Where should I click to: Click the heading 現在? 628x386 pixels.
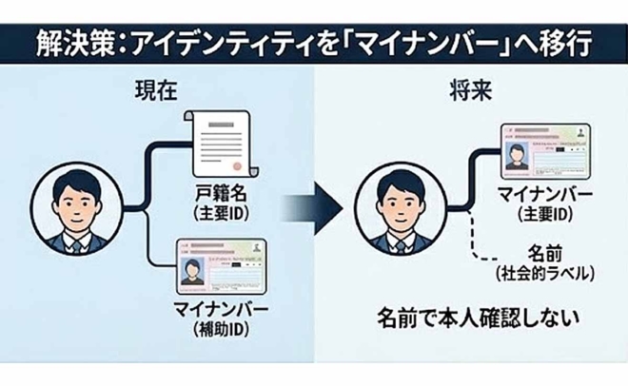155,95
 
